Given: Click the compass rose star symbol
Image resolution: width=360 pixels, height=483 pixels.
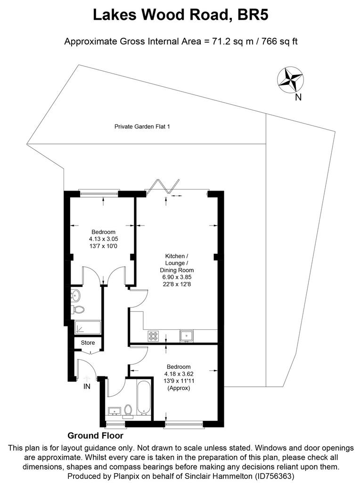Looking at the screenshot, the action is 291,79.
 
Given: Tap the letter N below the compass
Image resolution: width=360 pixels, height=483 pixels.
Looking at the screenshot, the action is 298,97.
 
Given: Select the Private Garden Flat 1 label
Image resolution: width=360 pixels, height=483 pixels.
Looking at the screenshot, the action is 142,126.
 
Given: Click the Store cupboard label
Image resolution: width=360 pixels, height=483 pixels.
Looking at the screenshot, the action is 88,342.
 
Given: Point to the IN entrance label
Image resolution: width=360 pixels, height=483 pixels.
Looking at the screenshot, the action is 87,386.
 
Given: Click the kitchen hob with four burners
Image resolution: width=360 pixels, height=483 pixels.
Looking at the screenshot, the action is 153,336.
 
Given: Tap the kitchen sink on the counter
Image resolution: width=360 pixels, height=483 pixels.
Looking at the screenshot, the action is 187,336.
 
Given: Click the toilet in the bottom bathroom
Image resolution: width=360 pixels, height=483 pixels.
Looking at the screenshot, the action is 128,411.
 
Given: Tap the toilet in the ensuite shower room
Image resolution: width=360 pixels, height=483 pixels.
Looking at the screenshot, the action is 78,310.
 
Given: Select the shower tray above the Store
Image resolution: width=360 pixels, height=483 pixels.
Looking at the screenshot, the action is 88,327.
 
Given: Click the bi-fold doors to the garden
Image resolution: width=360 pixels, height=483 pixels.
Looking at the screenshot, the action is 162,185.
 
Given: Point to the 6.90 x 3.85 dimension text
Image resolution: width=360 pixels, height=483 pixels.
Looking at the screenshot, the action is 177,277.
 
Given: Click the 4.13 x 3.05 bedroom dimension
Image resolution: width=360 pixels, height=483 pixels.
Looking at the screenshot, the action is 104,239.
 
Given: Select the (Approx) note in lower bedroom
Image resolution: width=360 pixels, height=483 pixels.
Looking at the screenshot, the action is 179,388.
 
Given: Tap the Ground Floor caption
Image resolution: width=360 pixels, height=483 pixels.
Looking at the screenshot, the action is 95,435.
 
